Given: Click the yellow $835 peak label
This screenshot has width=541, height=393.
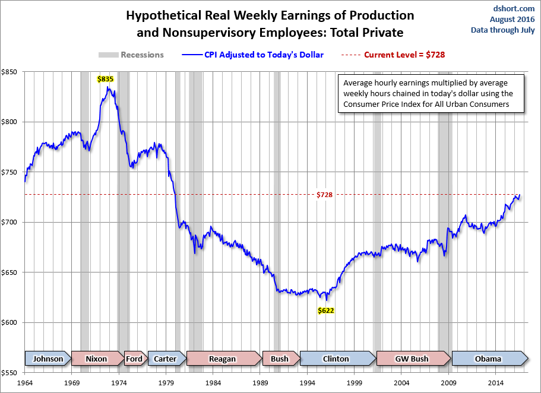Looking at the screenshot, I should [106, 78].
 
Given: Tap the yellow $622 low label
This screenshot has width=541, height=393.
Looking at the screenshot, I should [325, 310].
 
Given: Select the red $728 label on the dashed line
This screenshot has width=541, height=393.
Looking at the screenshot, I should [324, 195].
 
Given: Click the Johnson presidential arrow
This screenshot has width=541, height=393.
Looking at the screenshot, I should [48, 359].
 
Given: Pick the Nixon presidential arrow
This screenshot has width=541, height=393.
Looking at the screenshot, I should [97, 359].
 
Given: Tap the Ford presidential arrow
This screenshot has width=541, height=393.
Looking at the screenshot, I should [134, 359].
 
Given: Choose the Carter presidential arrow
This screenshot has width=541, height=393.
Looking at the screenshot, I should [165, 359].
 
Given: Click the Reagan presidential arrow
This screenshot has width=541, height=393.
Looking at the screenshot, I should [223, 359].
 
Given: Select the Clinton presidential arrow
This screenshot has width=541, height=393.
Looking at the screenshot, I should [336, 359].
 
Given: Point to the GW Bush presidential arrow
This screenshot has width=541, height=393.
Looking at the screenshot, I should [412, 359].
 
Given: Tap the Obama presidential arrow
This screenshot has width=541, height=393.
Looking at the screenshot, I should [488, 359].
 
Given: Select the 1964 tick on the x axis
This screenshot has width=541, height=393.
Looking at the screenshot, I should [25, 384].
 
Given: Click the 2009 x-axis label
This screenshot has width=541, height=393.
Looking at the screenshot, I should [449, 384].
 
